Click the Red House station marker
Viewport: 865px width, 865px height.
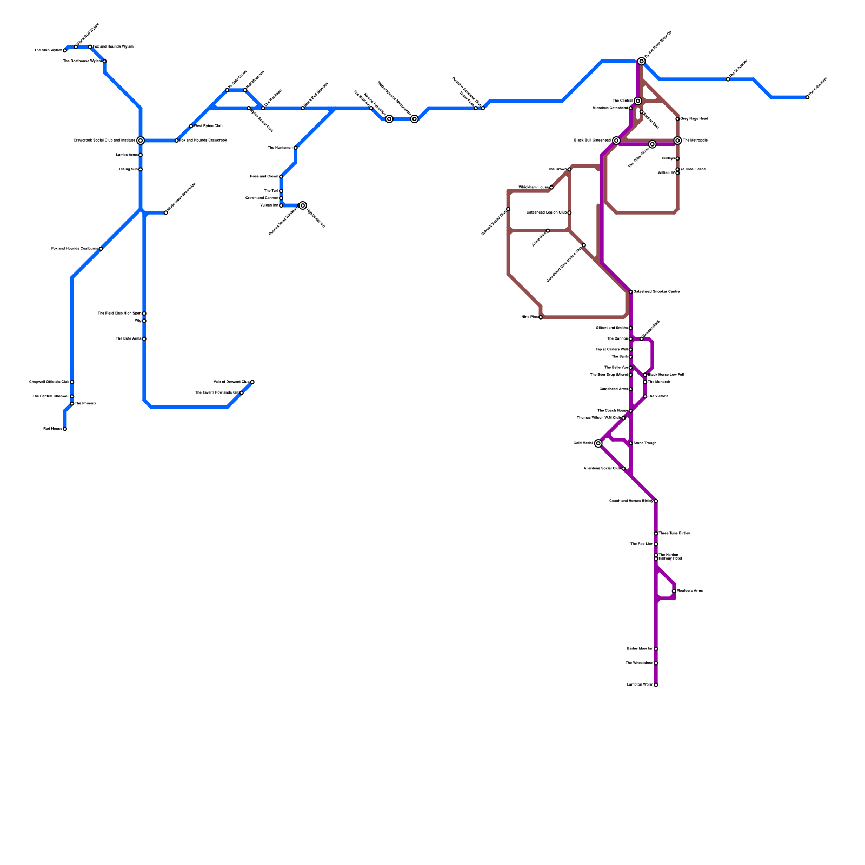65,429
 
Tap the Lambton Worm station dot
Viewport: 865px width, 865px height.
656,685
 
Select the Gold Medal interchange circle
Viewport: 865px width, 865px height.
598,443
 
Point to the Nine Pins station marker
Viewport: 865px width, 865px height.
541,317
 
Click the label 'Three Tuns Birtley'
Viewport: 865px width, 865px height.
674,534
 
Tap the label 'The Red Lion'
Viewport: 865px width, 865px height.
642,544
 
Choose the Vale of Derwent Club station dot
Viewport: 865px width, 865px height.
252,382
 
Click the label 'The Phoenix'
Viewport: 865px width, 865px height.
85,404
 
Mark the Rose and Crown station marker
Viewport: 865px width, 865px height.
281,177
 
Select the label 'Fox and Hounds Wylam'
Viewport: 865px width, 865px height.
114,47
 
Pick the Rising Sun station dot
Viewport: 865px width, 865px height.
141,170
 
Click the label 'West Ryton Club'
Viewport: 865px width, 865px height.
208,126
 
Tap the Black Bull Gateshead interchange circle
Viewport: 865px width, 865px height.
616,141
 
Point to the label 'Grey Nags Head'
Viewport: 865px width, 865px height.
694,119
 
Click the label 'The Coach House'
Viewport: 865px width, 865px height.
613,411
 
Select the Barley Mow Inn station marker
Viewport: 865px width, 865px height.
656,649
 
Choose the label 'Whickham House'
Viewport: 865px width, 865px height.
533,188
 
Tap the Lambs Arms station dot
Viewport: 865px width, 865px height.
141,155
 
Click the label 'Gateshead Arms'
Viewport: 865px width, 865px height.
614,389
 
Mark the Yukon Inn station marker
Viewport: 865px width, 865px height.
281,205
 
